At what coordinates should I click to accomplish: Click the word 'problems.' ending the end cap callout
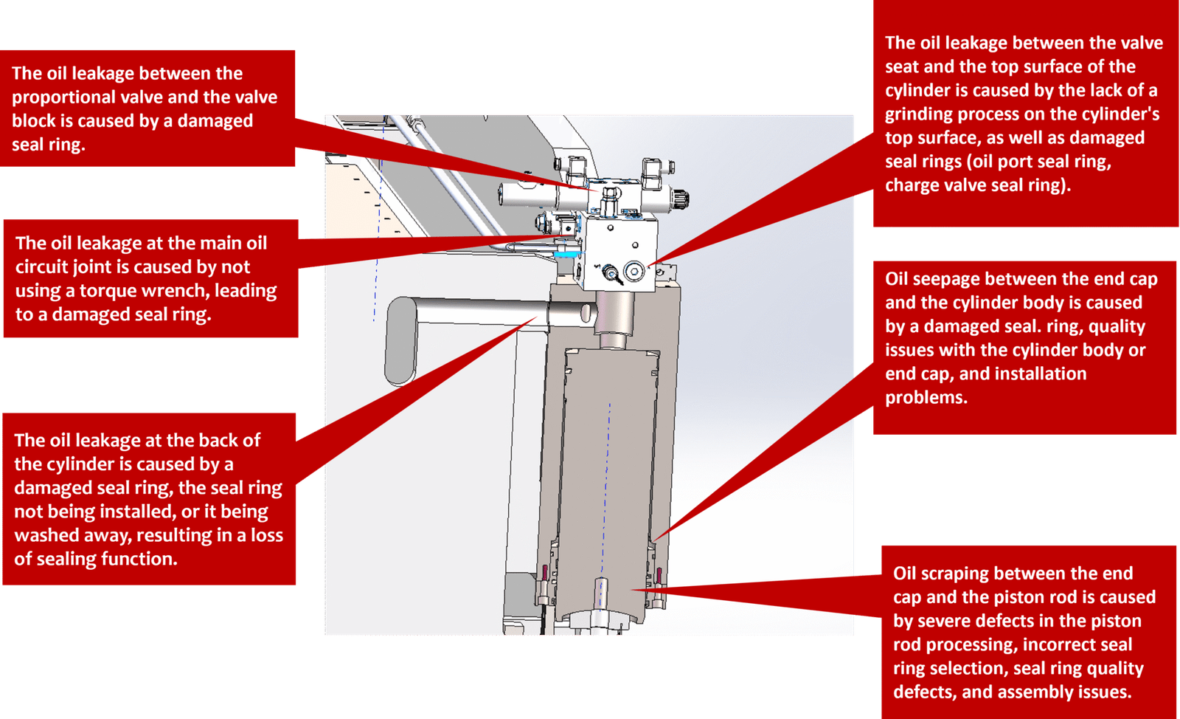pos(926,398)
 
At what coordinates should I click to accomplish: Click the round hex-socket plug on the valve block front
pos(634,271)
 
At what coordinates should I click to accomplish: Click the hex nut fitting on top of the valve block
pos(610,196)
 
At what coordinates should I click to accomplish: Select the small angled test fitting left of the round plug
pos(611,274)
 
